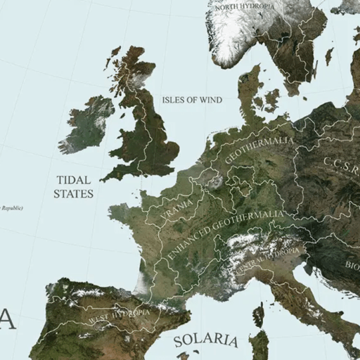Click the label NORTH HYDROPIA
click(x=246, y=6)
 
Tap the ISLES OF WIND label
click(x=192, y=100)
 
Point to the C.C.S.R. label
click(x=342, y=167)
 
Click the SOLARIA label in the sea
click(x=206, y=340)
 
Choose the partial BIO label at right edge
click(x=351, y=266)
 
